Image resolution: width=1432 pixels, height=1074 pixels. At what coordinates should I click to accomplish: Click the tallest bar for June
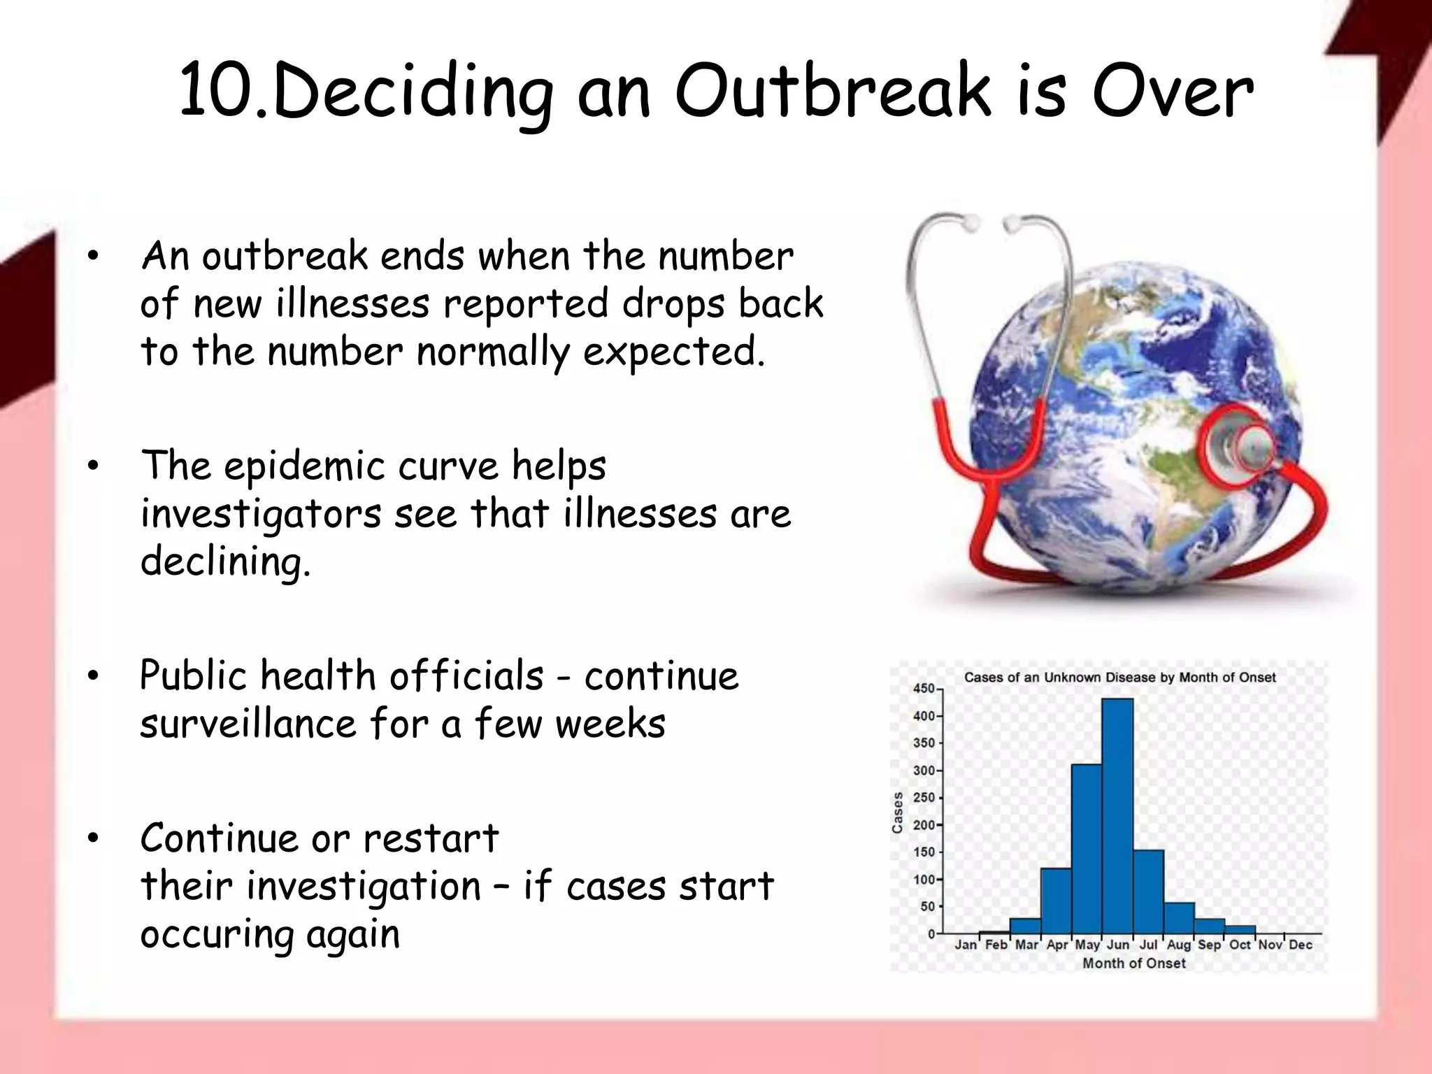coord(1117,815)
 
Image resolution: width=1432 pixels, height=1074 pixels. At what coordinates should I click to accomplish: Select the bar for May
coord(1087,849)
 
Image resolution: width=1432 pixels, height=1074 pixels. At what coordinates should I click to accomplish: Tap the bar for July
coord(1148,892)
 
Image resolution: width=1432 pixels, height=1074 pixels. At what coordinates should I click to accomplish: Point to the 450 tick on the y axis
coord(924,689)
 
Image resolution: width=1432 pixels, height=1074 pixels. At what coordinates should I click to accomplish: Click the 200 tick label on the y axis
coord(924,825)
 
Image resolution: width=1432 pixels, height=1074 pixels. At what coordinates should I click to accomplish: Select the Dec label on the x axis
coord(1301,945)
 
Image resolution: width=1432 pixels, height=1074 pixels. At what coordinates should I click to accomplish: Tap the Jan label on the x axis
coord(966,945)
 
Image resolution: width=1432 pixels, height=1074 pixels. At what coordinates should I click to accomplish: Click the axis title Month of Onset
coord(1134,964)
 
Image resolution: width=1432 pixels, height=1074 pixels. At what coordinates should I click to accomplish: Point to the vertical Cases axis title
coord(898,812)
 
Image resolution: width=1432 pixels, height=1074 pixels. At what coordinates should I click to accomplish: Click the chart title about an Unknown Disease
coord(1119,677)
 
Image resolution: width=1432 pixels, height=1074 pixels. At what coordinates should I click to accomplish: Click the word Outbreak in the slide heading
coord(832,91)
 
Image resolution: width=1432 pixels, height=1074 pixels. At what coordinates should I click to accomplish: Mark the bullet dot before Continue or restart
coord(94,838)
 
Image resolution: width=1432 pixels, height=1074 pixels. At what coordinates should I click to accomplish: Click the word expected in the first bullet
coord(673,352)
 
